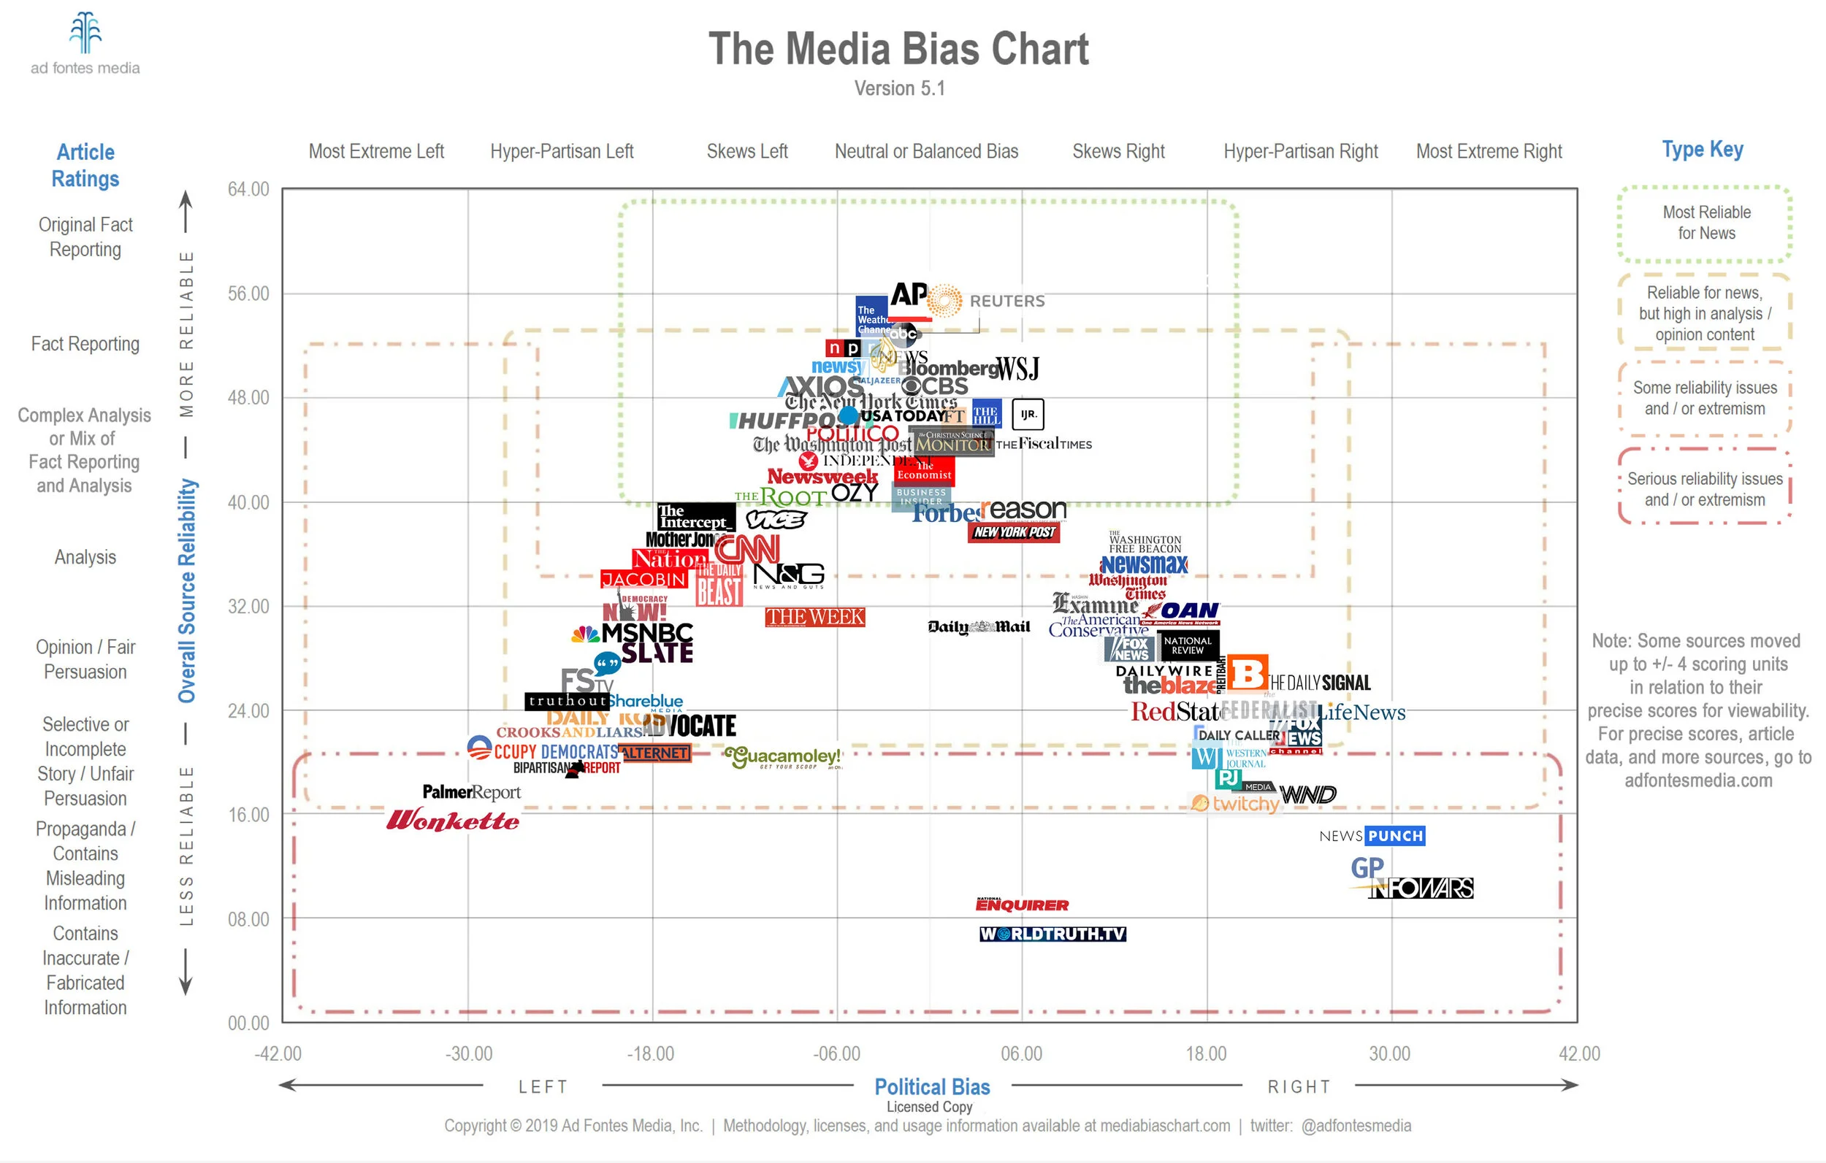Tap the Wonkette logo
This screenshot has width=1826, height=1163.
coord(453,821)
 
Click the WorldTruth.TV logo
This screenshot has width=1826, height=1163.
coord(1053,934)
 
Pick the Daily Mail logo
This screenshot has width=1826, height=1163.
coord(979,626)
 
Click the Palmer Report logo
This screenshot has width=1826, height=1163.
coord(471,792)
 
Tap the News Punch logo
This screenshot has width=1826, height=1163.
coord(1372,835)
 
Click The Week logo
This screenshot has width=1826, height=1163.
coord(814,617)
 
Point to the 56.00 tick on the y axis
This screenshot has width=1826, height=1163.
coord(248,293)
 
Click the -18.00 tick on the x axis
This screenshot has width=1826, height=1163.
coord(651,1053)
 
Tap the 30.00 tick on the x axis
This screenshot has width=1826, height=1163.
coord(1389,1053)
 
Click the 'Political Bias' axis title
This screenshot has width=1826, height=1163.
coord(932,1086)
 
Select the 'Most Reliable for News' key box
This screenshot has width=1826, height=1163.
coord(1705,223)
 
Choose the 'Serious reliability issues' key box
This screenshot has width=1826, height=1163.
coord(1705,489)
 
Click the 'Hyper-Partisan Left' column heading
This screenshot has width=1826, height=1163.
coord(561,152)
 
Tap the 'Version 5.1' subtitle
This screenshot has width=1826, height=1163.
coord(899,89)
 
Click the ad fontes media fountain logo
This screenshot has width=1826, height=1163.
coord(85,34)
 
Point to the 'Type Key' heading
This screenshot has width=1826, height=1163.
coord(1703,150)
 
